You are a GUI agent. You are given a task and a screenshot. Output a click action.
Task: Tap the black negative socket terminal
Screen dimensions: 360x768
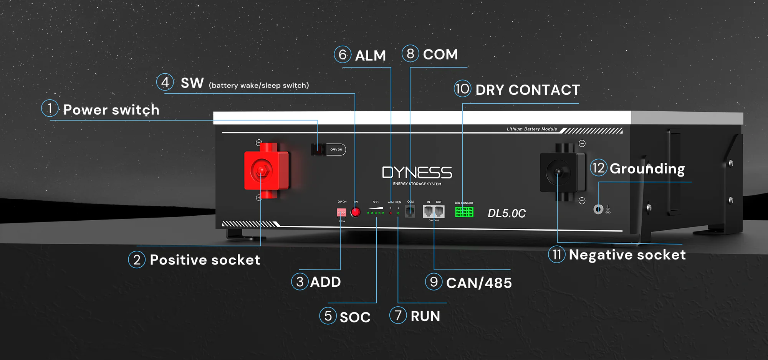pos(559,172)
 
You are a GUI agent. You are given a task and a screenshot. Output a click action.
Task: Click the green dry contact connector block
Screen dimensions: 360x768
pos(464,212)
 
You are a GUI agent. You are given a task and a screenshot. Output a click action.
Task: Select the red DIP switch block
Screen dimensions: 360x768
pos(341,212)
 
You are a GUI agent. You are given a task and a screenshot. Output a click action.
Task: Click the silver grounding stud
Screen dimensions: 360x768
pos(598,209)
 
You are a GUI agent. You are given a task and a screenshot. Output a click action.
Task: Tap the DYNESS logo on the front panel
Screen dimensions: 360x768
pos(417,173)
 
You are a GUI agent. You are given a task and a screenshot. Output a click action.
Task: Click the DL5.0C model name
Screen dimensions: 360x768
pos(506,213)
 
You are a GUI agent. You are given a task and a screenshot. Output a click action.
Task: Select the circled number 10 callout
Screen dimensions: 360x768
pos(462,89)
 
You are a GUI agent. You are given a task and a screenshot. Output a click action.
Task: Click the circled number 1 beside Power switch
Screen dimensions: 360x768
pos(50,108)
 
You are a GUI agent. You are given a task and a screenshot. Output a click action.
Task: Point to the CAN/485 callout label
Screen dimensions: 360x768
pos(478,283)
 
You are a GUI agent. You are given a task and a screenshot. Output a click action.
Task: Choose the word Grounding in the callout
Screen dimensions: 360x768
pos(647,169)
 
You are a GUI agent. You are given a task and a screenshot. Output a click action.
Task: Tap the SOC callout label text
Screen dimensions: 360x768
pos(355,317)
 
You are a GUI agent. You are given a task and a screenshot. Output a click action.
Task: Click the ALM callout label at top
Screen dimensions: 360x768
pos(370,56)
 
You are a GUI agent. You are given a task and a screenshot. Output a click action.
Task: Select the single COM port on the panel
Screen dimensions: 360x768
pos(410,211)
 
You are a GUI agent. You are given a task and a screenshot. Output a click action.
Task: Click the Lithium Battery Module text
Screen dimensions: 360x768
pos(531,129)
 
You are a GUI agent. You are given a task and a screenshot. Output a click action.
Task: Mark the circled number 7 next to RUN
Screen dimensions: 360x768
pos(398,315)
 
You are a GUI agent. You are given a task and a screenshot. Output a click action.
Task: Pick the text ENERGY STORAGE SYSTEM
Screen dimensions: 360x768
pos(417,184)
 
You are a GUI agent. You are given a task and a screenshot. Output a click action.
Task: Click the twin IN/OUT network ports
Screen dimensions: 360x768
pos(434,211)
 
